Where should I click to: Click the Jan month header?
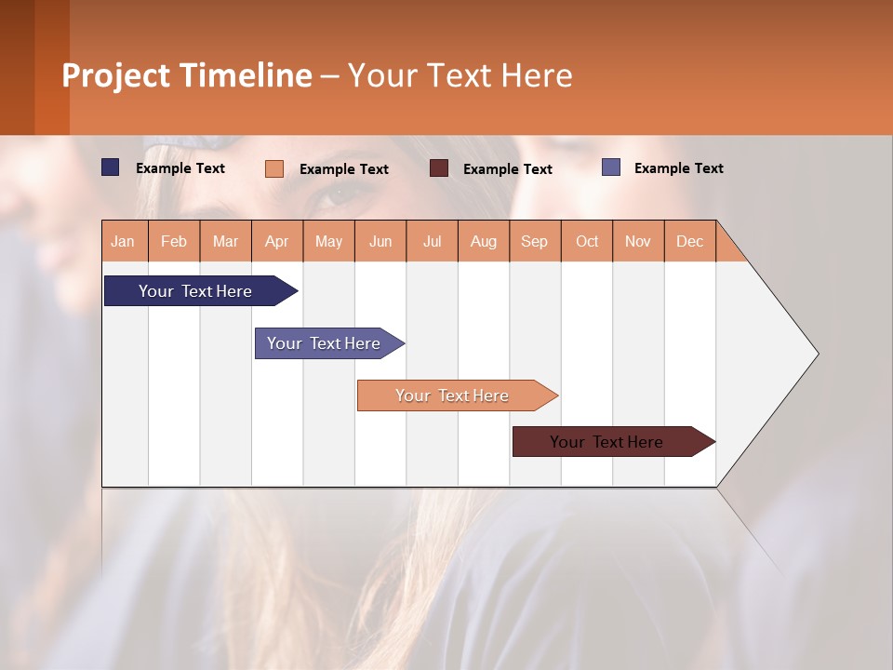click(124, 241)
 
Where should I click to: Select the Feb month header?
click(174, 241)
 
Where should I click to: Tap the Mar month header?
click(225, 241)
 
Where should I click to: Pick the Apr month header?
click(277, 241)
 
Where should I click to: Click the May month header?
click(328, 241)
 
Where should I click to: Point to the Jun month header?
click(380, 241)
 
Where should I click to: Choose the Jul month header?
click(432, 241)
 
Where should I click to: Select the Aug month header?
click(484, 241)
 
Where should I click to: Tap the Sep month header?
click(535, 241)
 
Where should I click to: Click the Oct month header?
click(587, 241)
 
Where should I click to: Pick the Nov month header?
click(638, 241)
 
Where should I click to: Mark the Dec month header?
click(690, 241)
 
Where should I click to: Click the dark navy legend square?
click(111, 167)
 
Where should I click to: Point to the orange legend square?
click(274, 168)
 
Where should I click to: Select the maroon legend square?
click(439, 167)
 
